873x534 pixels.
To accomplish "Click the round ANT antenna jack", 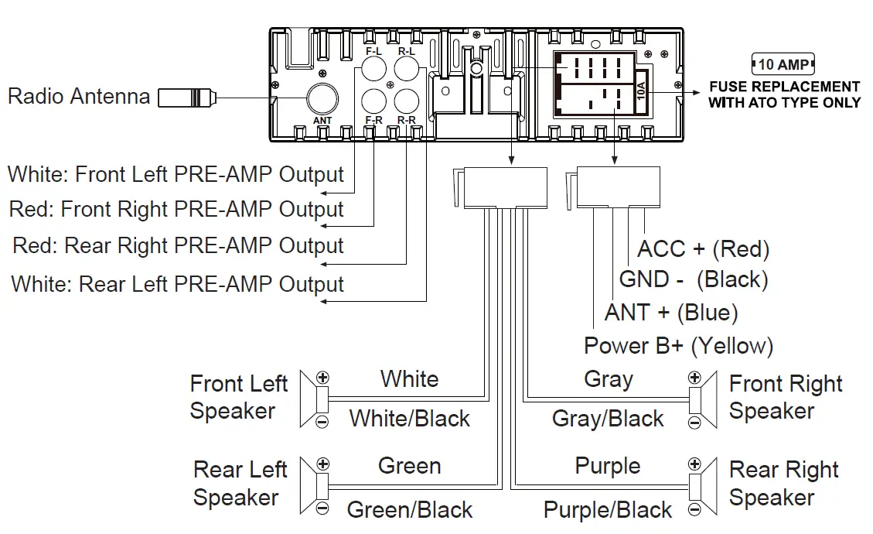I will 322,99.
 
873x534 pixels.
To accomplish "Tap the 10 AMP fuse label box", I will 783,64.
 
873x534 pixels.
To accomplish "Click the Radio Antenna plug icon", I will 186,98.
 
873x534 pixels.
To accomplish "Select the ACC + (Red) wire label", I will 703,249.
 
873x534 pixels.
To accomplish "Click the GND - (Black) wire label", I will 694,279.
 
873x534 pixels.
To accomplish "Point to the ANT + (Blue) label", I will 671,313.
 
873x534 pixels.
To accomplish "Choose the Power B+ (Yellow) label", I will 678,346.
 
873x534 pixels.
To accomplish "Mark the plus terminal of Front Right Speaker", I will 694,378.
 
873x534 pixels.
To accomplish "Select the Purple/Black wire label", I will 608,511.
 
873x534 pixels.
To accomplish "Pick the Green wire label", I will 409,466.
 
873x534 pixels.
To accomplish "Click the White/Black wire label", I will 409,419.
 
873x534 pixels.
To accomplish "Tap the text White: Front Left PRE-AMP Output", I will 176,174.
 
